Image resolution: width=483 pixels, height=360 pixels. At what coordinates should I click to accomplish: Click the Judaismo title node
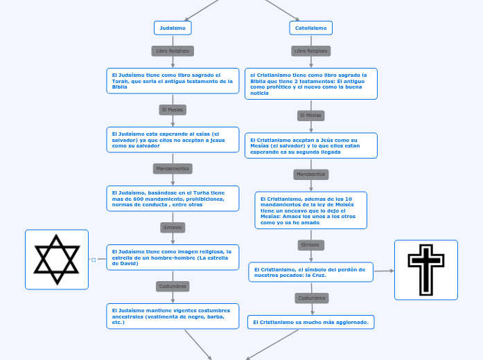click(x=173, y=28)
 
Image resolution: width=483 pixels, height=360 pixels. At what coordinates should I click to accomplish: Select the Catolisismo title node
click(x=310, y=28)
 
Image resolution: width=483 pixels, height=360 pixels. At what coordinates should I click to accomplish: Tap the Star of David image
click(x=57, y=260)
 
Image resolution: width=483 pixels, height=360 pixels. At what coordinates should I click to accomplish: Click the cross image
click(x=425, y=270)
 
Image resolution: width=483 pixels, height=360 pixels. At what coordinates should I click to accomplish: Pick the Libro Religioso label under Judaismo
click(x=173, y=51)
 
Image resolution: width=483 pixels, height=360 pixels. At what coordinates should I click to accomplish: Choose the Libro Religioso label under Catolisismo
click(x=310, y=51)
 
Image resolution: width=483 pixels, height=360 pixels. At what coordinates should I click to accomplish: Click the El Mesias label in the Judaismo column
click(x=173, y=109)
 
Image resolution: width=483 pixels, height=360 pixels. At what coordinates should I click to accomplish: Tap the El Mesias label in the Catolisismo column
click(x=310, y=115)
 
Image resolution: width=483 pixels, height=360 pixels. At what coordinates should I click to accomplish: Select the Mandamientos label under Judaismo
click(x=173, y=168)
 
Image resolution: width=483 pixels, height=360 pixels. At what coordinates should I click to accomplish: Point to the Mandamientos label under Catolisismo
click(x=310, y=174)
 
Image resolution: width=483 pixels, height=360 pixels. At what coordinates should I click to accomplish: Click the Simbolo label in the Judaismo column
click(x=173, y=227)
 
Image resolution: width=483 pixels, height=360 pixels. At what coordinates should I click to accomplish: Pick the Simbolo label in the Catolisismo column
click(x=310, y=244)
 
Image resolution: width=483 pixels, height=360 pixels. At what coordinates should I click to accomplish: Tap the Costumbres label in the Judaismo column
click(x=173, y=286)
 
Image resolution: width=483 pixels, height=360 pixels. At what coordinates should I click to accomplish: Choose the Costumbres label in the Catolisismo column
click(x=311, y=298)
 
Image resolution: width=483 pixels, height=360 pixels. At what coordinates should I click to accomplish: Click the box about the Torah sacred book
click(x=173, y=80)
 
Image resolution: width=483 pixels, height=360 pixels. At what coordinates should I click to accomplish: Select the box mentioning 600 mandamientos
click(x=173, y=198)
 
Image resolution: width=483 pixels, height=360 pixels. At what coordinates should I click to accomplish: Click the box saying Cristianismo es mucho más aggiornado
click(x=311, y=322)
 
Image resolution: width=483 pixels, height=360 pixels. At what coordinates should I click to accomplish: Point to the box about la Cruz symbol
click(x=311, y=271)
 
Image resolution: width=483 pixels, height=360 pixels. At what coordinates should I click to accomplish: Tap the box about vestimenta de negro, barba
click(x=173, y=316)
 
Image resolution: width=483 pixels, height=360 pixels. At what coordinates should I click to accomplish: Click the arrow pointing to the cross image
click(x=385, y=271)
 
